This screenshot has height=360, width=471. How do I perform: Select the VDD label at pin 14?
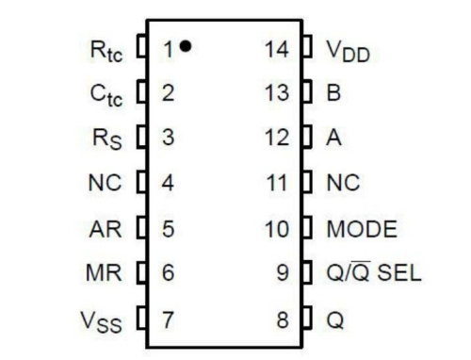pos(349,48)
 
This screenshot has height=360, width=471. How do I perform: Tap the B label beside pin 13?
pos(333,93)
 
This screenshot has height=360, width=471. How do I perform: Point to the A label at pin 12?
pos(333,139)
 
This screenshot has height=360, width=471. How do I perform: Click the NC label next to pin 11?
pos(342,184)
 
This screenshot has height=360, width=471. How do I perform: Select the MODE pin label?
pos(362,229)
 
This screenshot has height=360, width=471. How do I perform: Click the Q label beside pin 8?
pos(335,319)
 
